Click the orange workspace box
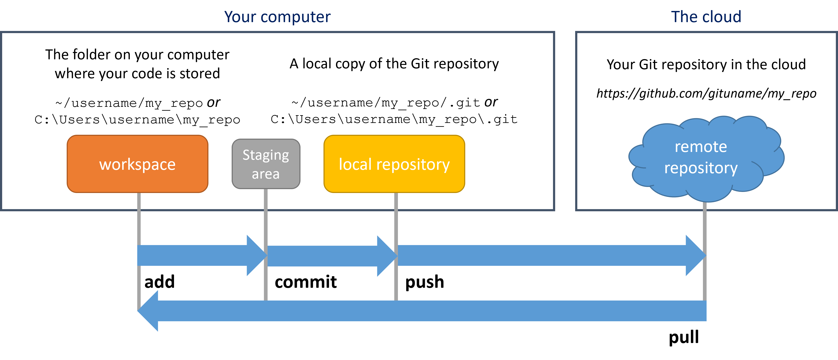point(137,164)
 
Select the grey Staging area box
point(266,164)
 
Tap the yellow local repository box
point(394,164)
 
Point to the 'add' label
point(159,282)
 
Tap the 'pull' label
point(684,337)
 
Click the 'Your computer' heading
point(277,17)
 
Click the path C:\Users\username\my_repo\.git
point(394,119)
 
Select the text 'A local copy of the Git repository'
point(394,64)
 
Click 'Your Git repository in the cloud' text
point(706,65)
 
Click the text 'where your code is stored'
point(137,74)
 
